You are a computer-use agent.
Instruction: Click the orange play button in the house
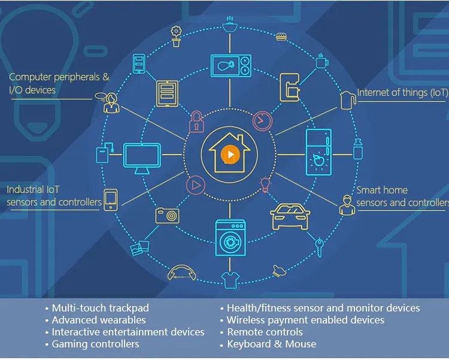point(229,155)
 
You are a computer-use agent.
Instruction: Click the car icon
point(290,217)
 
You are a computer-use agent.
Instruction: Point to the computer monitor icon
point(142,158)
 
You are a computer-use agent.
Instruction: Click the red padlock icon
point(195,122)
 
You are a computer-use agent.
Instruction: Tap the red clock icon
point(262,121)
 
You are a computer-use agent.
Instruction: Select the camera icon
point(167,214)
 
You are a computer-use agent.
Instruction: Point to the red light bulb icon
point(264,184)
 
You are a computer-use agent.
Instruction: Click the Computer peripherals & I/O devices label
point(59,83)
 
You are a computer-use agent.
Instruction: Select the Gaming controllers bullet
point(95,344)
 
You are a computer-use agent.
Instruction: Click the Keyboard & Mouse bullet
point(271,344)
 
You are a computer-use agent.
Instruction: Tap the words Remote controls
point(265,332)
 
